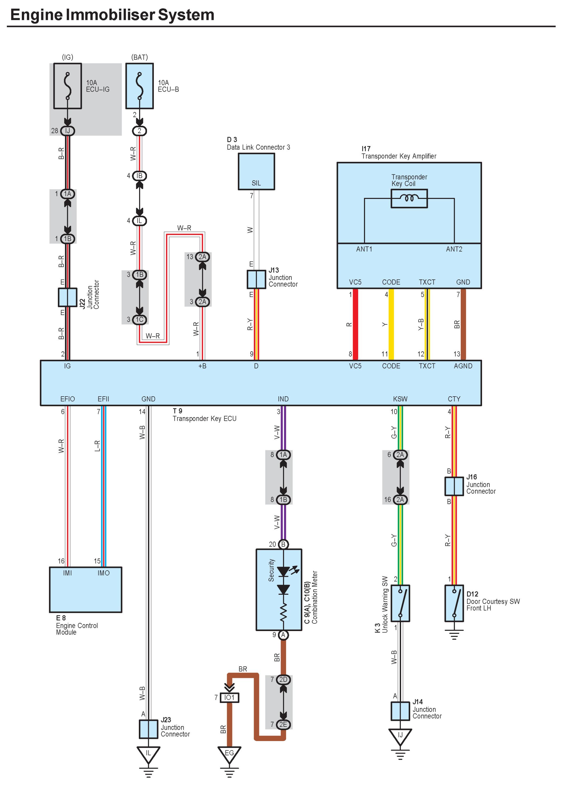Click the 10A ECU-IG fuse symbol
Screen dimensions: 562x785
click(x=68, y=86)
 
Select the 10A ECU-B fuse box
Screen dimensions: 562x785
click(x=139, y=86)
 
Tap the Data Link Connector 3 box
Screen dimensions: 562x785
click(x=256, y=171)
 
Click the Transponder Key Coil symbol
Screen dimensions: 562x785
click(x=409, y=198)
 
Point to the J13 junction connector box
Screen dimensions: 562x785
click(x=256, y=279)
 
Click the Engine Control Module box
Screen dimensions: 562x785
click(x=85, y=589)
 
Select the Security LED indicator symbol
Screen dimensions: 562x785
click(x=283, y=571)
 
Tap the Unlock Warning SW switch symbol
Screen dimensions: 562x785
click(x=400, y=603)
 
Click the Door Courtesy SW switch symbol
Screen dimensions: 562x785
click(x=454, y=603)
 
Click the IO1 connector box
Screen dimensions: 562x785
click(x=229, y=697)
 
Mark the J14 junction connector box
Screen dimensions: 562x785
click(x=400, y=711)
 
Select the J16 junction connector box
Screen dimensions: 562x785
click(x=454, y=486)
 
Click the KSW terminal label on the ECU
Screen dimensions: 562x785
click(x=400, y=399)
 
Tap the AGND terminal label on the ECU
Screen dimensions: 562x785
click(x=463, y=366)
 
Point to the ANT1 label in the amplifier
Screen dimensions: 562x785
click(x=364, y=249)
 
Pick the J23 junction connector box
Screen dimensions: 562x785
click(x=148, y=729)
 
